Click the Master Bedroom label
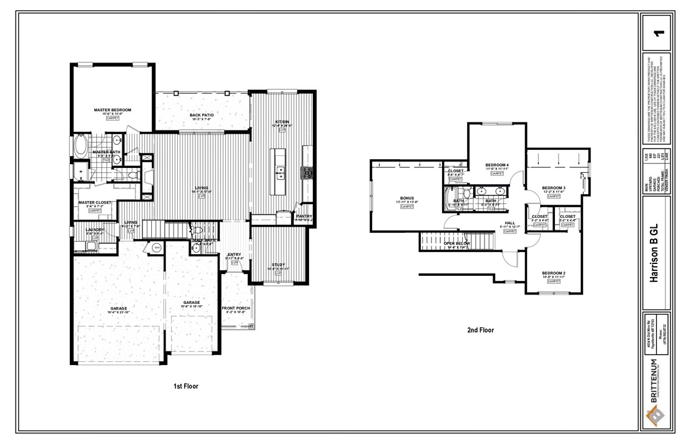pyautogui.click(x=112, y=110)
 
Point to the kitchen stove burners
pyautogui.click(x=306, y=171)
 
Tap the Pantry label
pyautogui.click(x=304, y=217)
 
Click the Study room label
pyautogui.click(x=278, y=265)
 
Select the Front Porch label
pyautogui.click(x=236, y=308)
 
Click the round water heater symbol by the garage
pyautogui.click(x=157, y=248)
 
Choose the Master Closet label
pyautogui.click(x=94, y=203)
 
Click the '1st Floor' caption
pyautogui.click(x=186, y=386)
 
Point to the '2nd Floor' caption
pyautogui.click(x=481, y=331)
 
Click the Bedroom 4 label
pyautogui.click(x=498, y=165)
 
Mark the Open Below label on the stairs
pyautogui.click(x=456, y=243)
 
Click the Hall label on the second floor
pyautogui.click(x=509, y=223)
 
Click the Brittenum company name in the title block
pyautogui.click(x=653, y=381)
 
